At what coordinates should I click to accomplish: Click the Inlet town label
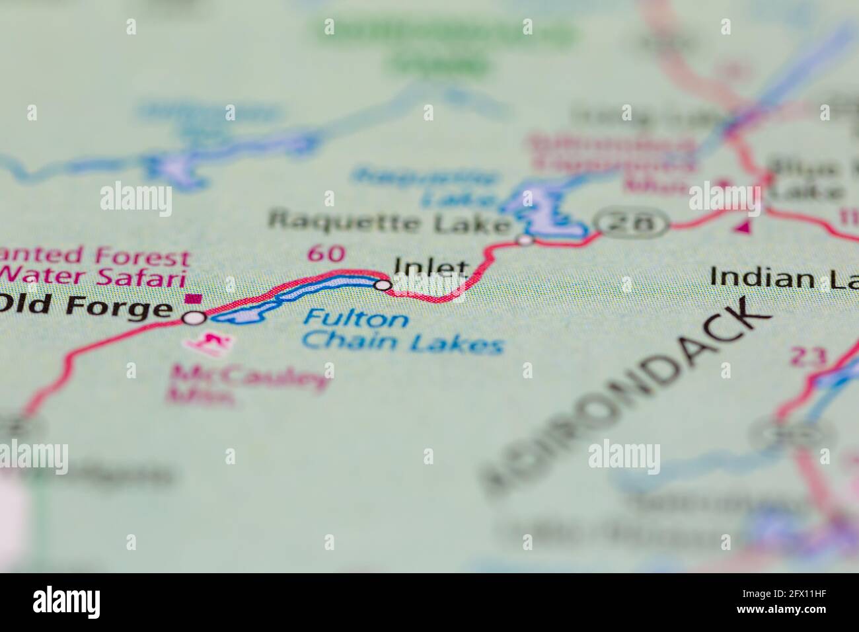click(x=431, y=266)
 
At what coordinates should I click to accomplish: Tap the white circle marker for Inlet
click(x=383, y=285)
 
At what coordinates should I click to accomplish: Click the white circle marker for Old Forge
click(x=194, y=318)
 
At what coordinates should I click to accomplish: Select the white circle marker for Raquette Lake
click(x=525, y=239)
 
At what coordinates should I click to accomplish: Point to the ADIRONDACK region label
click(x=628, y=397)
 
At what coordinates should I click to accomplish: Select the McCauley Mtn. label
click(x=248, y=385)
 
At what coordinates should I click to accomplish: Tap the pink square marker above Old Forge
click(x=194, y=298)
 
